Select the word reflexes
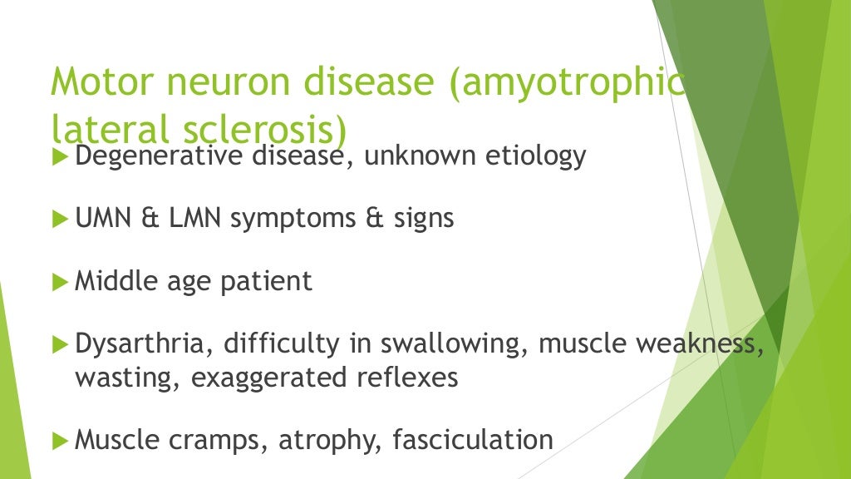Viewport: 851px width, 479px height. pos(413,377)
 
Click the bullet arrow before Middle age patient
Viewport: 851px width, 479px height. pos(59,283)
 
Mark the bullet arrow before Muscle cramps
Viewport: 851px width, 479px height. pos(59,440)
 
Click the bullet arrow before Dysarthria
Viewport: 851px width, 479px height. pos(59,344)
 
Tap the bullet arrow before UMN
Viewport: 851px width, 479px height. pos(59,220)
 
